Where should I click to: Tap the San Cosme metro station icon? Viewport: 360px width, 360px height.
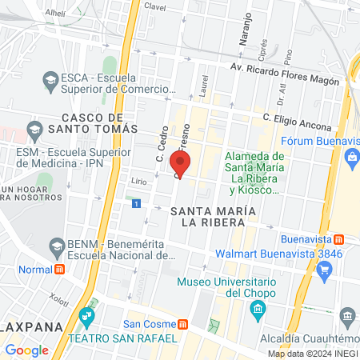point(184,324)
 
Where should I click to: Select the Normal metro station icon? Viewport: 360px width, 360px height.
point(58,270)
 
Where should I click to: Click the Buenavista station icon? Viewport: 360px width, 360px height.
point(339,239)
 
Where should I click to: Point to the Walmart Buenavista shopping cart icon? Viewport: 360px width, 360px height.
point(324,270)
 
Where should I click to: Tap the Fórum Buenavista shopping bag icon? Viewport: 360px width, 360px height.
point(352,156)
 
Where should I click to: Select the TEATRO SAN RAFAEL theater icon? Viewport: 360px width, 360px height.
point(87,322)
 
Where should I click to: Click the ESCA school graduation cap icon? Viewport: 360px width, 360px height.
point(50,81)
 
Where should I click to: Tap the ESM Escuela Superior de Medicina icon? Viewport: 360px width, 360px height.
point(34,129)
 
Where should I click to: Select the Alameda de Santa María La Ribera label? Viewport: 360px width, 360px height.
point(254,173)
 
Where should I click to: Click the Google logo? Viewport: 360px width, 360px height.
point(26,350)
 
